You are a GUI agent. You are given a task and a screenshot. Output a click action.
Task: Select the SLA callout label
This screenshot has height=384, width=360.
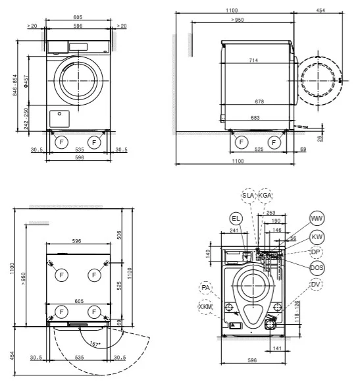point(248,196)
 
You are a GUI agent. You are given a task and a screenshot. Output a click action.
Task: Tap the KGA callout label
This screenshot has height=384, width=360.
point(265,196)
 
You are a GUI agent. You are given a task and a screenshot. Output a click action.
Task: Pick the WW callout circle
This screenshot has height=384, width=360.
point(317,219)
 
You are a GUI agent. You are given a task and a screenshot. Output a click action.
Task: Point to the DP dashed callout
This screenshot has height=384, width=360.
point(317,252)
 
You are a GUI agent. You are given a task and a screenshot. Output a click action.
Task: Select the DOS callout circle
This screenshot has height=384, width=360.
point(317,267)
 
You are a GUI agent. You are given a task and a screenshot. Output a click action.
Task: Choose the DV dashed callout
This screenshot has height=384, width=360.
point(317,284)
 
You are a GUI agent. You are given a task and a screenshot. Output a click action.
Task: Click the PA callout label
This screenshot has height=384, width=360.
point(206,288)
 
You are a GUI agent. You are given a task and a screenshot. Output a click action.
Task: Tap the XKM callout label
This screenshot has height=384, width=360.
point(206,307)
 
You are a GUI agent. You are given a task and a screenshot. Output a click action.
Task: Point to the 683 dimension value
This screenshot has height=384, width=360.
point(256,118)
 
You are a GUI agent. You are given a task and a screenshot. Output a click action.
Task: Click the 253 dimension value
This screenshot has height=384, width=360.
point(271,213)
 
